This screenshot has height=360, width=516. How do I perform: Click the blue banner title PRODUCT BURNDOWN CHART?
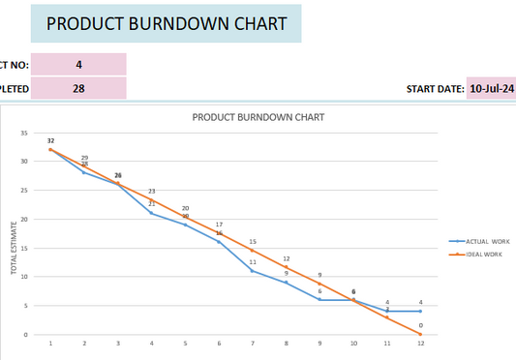pyautogui.click(x=167, y=24)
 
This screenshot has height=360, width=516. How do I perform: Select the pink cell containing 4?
pyautogui.click(x=78, y=65)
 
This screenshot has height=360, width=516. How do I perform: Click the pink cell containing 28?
pyautogui.click(x=78, y=88)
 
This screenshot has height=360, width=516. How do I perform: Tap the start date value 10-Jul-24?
pyautogui.click(x=491, y=88)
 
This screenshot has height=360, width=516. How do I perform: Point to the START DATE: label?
pyautogui.click(x=435, y=89)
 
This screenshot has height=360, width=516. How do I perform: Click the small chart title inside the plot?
pyautogui.click(x=258, y=117)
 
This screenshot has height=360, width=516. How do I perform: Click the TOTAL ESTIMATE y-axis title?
pyautogui.click(x=15, y=248)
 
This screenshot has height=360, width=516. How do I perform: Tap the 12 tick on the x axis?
pyautogui.click(x=420, y=344)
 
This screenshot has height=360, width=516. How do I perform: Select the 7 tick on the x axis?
pyautogui.click(x=253, y=344)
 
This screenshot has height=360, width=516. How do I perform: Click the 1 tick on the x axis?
pyautogui.click(x=50, y=344)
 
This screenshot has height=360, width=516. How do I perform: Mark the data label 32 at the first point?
pyautogui.click(x=50, y=141)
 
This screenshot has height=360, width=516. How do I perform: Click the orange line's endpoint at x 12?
pyautogui.click(x=420, y=334)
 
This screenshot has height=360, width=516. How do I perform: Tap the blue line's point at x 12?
pyautogui.click(x=420, y=311)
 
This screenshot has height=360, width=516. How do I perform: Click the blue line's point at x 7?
pyautogui.click(x=253, y=271)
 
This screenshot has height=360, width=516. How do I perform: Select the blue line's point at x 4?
pyautogui.click(x=151, y=213)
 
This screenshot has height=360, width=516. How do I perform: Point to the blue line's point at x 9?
pyautogui.click(x=319, y=300)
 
